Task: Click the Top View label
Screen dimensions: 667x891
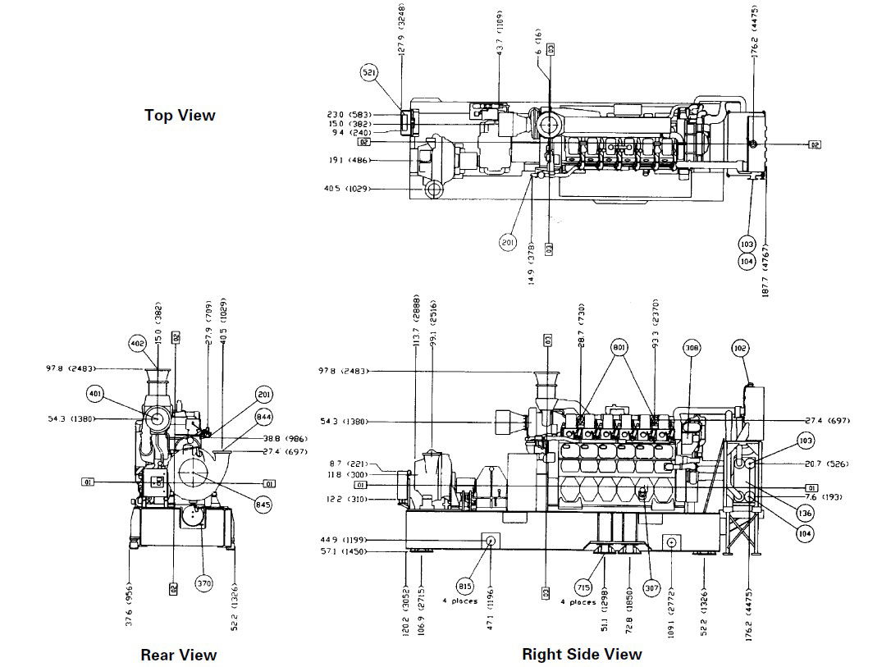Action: [180, 116]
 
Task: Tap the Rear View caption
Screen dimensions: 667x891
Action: [179, 655]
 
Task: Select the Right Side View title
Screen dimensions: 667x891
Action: [582, 654]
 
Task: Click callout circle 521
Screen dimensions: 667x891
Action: [370, 73]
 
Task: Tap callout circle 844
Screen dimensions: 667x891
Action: [263, 418]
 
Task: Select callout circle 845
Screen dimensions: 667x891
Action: [263, 505]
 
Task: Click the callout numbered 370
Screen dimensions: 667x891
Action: [204, 583]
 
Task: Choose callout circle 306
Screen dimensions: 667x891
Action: [692, 348]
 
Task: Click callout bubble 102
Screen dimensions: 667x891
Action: [739, 348]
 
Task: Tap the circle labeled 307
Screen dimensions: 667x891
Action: [651, 587]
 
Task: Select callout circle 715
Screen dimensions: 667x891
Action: [583, 587]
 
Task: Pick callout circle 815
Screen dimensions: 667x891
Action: [465, 587]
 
